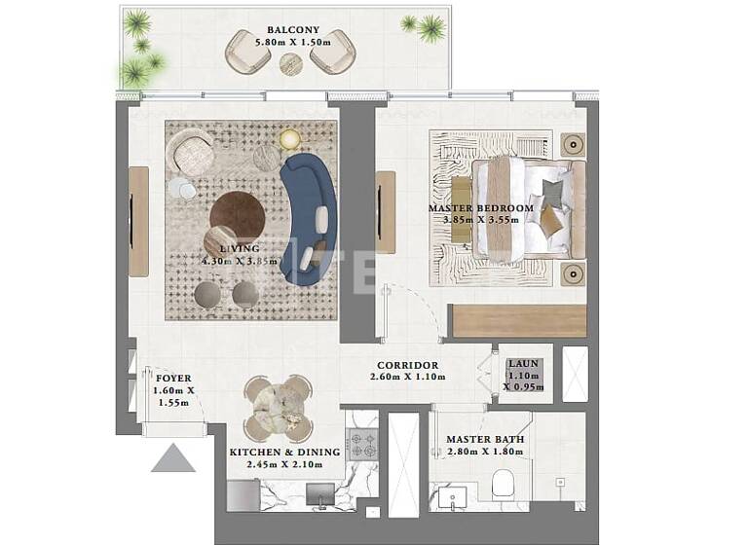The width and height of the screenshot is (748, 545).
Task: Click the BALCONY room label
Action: coord(287,29)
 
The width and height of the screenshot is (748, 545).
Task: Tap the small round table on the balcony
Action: coord(289,63)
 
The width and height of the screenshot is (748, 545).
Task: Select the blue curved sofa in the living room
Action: coord(310,219)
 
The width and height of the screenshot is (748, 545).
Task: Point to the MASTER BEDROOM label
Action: coord(481,208)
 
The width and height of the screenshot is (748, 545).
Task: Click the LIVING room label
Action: coord(240,249)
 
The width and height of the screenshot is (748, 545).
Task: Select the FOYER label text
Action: coord(173,378)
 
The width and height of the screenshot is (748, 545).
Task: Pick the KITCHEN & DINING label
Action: coord(284,452)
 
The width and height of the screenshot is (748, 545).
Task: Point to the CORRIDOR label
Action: coord(407,366)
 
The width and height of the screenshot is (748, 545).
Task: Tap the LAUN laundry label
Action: coord(523,364)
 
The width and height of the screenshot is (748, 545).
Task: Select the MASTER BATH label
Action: coord(485,440)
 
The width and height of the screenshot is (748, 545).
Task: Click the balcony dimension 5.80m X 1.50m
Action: coord(287,43)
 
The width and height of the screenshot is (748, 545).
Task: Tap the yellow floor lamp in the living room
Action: coord(289,141)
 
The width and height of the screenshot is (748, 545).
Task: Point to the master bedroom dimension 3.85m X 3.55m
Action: coord(481,220)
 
